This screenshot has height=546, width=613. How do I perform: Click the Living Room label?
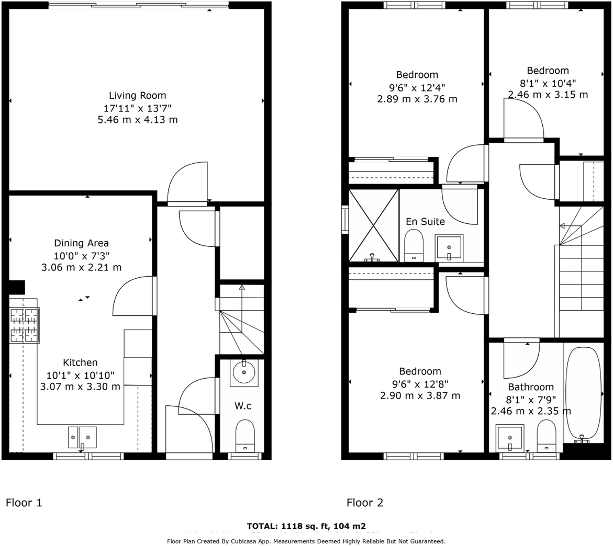137,96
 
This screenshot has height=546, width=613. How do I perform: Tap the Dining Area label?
81,243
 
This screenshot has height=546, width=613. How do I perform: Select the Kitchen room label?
80,362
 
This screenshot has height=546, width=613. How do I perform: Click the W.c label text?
243,406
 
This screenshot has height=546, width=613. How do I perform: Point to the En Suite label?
425,222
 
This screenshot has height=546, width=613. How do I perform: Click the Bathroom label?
530,387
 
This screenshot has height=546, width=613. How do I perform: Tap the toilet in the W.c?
244,436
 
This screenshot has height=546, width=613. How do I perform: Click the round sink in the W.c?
244,373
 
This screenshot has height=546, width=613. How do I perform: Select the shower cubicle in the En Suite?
373,225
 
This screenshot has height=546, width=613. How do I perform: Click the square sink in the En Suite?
449,247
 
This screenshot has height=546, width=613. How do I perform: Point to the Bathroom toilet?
546,436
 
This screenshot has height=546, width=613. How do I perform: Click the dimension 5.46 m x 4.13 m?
137,120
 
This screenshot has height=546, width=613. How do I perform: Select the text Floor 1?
24,503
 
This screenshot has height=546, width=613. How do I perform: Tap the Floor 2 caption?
365,503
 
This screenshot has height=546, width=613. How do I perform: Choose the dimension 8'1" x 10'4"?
548,83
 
